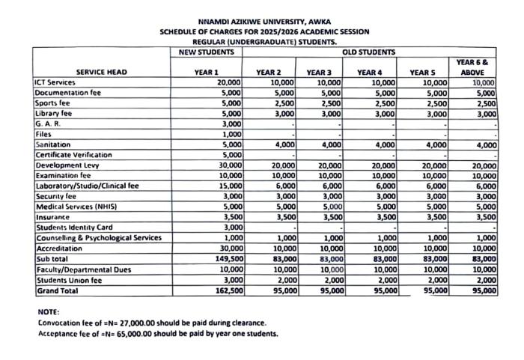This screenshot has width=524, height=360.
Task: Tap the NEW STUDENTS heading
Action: (x=207, y=52)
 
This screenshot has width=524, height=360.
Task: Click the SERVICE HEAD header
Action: (x=101, y=72)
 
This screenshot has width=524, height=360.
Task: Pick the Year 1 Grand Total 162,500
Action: (x=225, y=290)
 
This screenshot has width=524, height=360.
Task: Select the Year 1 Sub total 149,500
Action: (x=225, y=258)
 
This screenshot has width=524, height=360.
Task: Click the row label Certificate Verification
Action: (x=73, y=154)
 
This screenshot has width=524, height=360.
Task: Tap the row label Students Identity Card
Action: (x=73, y=227)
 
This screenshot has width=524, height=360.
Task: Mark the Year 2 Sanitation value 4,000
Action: (x=283, y=144)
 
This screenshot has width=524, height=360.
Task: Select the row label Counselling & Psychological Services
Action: (x=98, y=237)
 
